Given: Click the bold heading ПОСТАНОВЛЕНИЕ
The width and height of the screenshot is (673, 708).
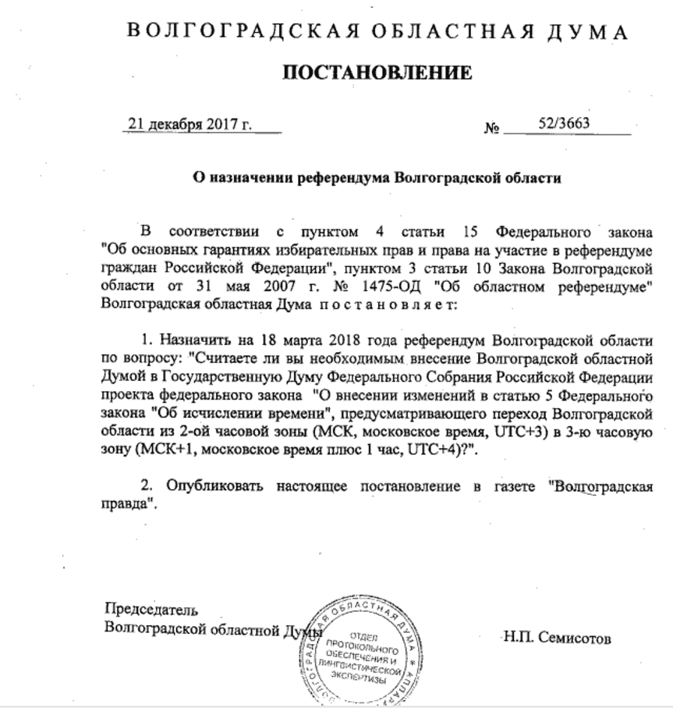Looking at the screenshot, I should coord(377,73).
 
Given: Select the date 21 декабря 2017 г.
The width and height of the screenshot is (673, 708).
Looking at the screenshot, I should coord(190,125).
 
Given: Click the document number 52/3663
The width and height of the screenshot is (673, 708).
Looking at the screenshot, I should coord(563,123).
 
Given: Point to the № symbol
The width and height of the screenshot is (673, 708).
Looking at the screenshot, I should coord(491,128).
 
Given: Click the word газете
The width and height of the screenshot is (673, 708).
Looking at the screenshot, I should coord(511,486).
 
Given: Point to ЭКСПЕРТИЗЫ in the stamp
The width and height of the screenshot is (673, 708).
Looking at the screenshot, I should coord(363,678).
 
